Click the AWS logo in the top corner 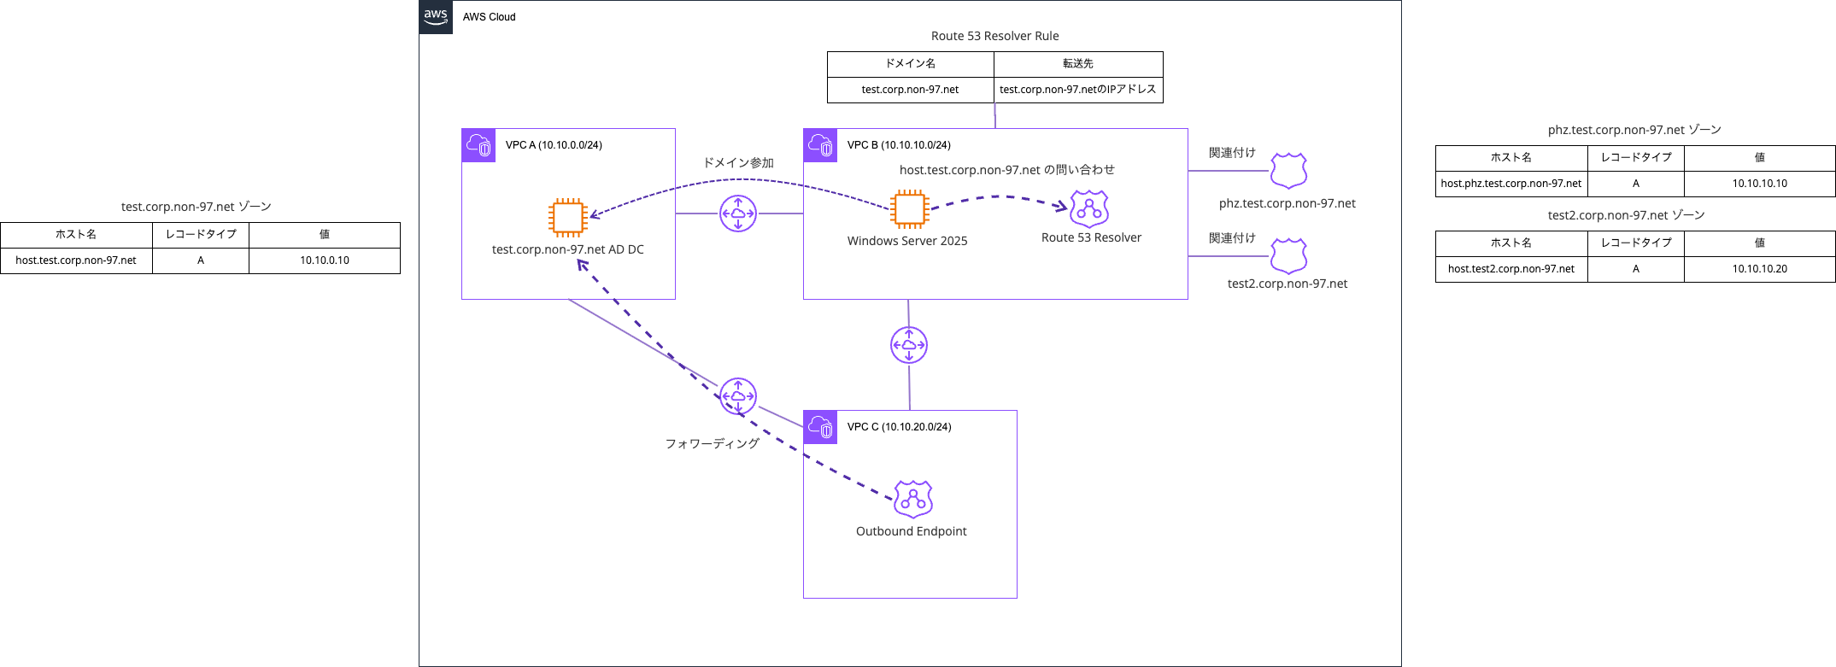(436, 16)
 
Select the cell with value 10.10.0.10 (324, 260)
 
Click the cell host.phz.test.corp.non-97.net (1510, 184)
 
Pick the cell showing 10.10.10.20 (1759, 269)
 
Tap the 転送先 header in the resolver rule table (1077, 64)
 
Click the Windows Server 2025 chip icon (909, 209)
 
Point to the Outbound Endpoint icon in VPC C (912, 500)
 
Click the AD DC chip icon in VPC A (568, 218)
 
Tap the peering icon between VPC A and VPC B (738, 214)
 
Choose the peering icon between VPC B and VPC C (909, 345)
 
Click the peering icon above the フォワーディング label (738, 396)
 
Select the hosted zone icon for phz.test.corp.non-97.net (1288, 171)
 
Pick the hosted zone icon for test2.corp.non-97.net (1288, 255)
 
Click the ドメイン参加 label (738, 163)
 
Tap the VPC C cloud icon (820, 427)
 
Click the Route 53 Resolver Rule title (994, 36)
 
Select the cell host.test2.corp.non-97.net (1510, 269)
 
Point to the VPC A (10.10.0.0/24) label (554, 145)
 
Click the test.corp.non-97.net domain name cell (910, 90)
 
